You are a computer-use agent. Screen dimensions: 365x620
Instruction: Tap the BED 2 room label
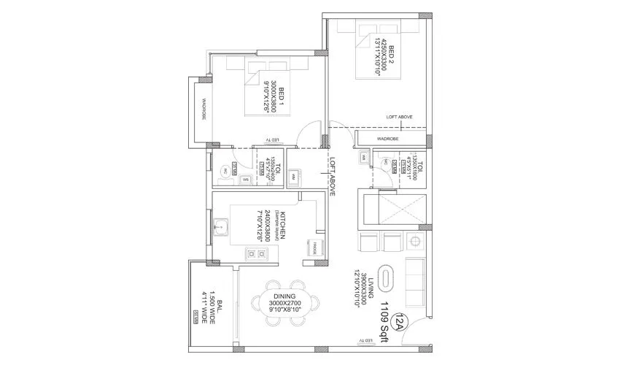[392, 55]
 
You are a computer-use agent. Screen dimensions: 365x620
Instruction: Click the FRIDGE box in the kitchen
[317, 245]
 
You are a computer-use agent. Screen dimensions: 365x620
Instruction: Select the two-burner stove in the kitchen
[256, 253]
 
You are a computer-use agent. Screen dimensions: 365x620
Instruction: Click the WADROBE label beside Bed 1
[204, 109]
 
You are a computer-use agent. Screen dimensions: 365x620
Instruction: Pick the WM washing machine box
[293, 176]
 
